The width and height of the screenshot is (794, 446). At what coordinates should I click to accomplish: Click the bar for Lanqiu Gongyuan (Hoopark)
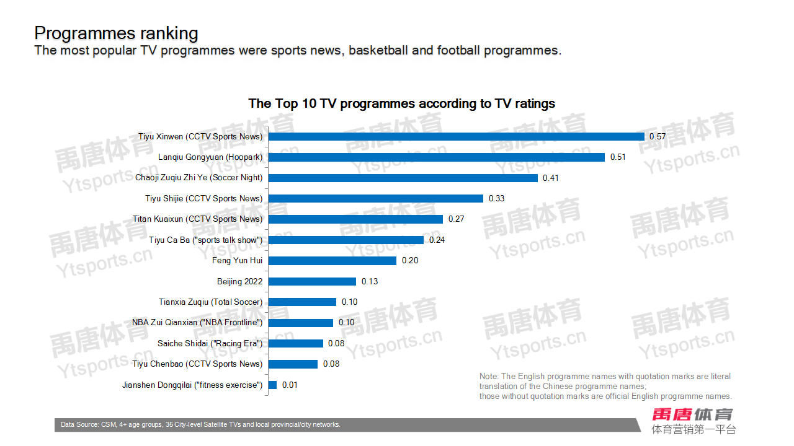(x=436, y=157)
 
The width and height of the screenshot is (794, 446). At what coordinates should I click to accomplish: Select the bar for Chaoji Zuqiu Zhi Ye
(x=403, y=178)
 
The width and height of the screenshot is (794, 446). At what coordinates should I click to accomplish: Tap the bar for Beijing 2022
(x=312, y=281)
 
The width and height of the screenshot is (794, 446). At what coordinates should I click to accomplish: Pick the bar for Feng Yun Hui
(x=332, y=261)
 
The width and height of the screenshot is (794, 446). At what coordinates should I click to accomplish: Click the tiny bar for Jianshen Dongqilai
(x=272, y=385)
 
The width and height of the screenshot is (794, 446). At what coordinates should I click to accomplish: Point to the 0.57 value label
(x=657, y=136)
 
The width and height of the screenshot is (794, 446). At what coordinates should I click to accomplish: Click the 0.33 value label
(x=496, y=198)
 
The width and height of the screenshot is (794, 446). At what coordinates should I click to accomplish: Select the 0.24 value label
(x=437, y=240)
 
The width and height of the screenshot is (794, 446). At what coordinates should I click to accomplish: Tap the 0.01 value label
(x=290, y=385)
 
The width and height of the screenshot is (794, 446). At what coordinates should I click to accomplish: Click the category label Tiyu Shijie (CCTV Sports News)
(x=203, y=198)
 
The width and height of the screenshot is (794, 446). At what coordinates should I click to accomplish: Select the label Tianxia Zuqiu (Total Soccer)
(x=210, y=302)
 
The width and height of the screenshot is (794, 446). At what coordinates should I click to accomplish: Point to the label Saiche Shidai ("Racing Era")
(x=210, y=344)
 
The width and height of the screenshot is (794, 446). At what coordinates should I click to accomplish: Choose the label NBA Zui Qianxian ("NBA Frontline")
(x=197, y=323)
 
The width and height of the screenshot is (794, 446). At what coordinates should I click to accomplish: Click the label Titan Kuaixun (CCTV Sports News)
(x=197, y=219)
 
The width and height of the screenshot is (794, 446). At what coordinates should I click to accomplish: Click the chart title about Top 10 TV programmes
(x=401, y=103)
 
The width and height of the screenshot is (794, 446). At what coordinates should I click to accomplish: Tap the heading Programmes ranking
(x=116, y=33)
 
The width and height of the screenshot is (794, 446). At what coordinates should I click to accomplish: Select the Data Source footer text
(x=200, y=425)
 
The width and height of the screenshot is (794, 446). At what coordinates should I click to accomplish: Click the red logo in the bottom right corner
(x=692, y=414)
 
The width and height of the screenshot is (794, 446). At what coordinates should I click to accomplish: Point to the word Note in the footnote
(x=489, y=377)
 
